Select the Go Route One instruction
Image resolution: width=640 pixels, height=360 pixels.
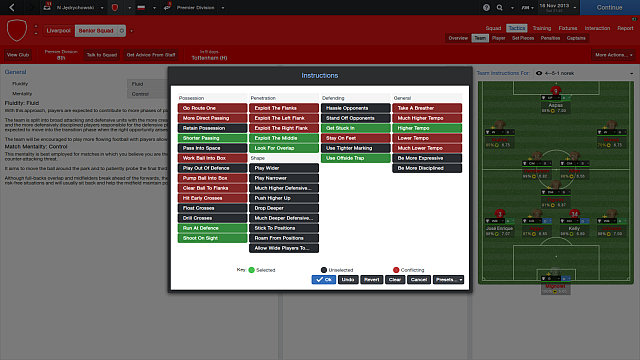209,108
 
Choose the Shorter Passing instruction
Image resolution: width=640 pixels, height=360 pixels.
209,138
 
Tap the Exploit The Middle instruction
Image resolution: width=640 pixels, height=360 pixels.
283,138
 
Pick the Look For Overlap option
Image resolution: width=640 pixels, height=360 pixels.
283,148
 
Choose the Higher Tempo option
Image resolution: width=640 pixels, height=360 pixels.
428,128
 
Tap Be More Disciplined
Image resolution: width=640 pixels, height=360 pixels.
428,168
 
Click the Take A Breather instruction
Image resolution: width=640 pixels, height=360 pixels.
428,108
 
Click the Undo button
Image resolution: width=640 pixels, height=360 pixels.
348,280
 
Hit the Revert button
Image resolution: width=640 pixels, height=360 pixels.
371,280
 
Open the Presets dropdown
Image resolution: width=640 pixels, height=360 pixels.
447,280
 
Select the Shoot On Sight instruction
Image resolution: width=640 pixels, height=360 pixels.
209,238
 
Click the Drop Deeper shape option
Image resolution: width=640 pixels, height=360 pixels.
283,208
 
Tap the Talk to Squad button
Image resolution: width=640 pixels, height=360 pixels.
100,55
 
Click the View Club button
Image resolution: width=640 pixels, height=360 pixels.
18,55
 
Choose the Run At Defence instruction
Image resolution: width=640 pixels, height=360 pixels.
209,228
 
